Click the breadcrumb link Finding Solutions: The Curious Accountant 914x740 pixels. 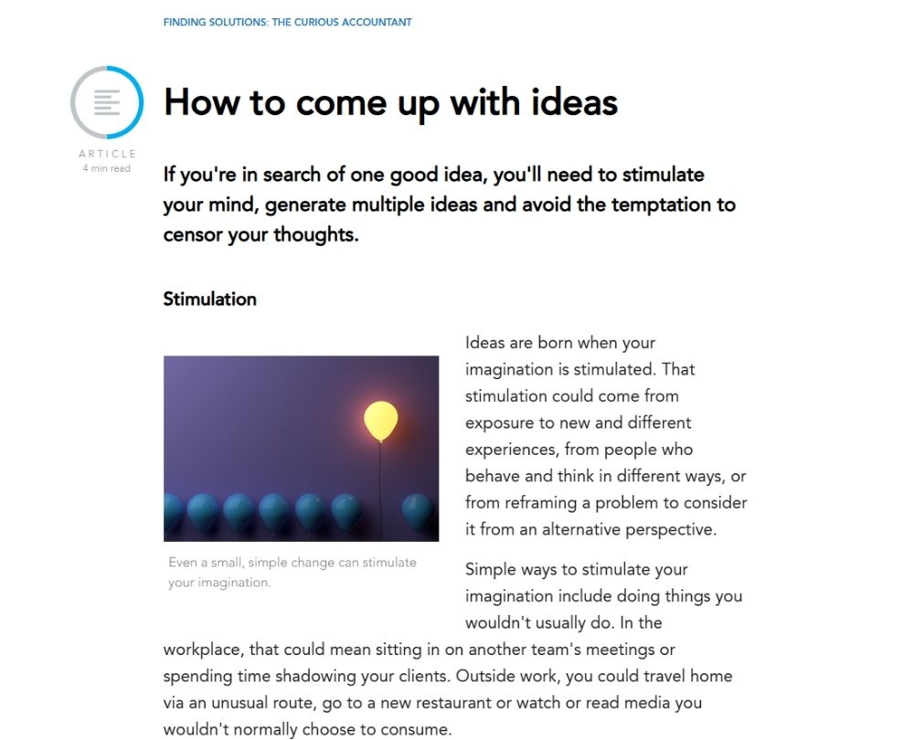pyautogui.click(x=287, y=22)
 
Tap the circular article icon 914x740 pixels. pyautogui.click(x=107, y=101)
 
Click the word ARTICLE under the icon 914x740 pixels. pyautogui.click(x=107, y=153)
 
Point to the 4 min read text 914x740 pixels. pyautogui.click(x=107, y=168)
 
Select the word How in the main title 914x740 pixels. pyautogui.click(x=202, y=102)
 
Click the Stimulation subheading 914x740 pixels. pyautogui.click(x=209, y=299)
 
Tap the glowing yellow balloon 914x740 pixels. pyautogui.click(x=380, y=420)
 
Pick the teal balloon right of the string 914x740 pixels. pyautogui.click(x=417, y=512)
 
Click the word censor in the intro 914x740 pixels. pyautogui.click(x=195, y=234)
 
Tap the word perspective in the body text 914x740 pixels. pyautogui.click(x=676, y=529)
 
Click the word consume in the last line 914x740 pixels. pyautogui.click(x=413, y=730)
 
